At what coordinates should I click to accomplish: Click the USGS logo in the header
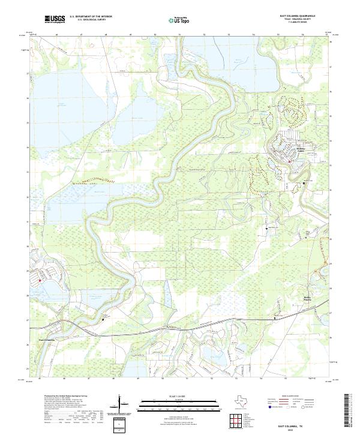coord(55,20)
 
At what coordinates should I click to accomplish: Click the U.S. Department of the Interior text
coord(91,17)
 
